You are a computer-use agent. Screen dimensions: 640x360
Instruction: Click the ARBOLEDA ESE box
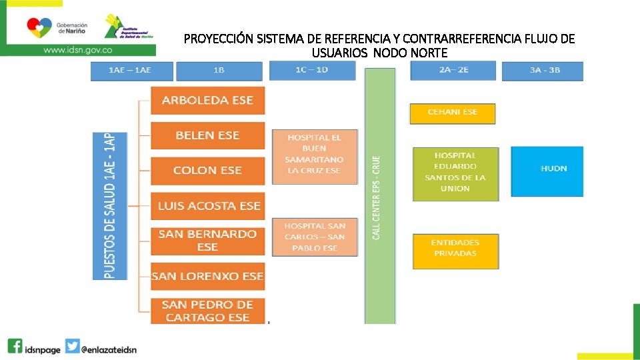pos(207,100)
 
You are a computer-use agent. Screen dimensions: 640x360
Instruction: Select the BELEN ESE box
pos(207,135)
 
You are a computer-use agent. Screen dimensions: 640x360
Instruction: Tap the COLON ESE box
pos(207,171)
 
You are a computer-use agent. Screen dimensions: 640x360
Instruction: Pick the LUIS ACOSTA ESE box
pos(207,206)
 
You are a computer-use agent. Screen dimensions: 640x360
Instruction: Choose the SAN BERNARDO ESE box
pos(207,241)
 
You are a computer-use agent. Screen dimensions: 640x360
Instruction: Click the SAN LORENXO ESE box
pos(207,276)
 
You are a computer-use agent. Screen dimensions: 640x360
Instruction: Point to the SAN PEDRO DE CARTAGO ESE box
pos(207,311)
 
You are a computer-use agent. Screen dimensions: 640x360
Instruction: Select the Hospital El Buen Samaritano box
pos(315,156)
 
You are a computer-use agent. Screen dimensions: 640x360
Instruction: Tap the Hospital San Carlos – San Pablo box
pos(315,237)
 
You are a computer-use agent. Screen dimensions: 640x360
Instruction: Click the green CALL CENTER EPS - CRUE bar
pos(380,197)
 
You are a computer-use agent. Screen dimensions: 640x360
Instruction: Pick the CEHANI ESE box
pos(453,113)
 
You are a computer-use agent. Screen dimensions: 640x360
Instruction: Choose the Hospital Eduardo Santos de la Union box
pos(455,173)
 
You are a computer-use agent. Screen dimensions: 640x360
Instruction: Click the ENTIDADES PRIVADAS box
pos(455,250)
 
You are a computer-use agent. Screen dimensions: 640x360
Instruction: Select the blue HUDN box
pos(547,171)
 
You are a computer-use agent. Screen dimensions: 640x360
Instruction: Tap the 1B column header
pos(219,71)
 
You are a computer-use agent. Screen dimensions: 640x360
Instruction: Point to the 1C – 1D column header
pos(313,70)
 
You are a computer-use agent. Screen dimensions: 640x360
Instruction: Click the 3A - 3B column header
pos(542,71)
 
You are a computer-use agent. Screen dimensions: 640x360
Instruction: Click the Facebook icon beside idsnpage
pos(15,347)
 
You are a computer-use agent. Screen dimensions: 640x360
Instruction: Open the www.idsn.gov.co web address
pos(77,49)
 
